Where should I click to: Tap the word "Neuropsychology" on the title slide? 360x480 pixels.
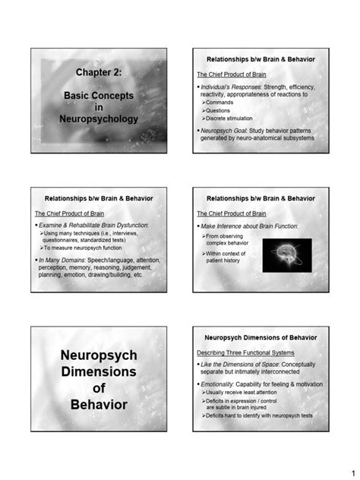(99, 119)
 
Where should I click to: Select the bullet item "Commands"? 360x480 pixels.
(220, 102)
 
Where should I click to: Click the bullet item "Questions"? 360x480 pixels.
(220, 110)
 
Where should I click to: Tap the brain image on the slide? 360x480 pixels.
(287, 256)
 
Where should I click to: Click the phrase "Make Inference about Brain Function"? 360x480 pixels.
(250, 226)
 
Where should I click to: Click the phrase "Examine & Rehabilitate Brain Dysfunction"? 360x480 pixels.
(93, 226)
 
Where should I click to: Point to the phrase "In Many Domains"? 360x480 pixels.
(66, 260)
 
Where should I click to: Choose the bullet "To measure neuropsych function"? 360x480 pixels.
(83, 248)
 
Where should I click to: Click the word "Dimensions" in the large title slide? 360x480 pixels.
(99, 372)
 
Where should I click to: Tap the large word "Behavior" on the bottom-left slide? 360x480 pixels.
(99, 404)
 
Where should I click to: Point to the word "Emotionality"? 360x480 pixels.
(221, 384)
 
